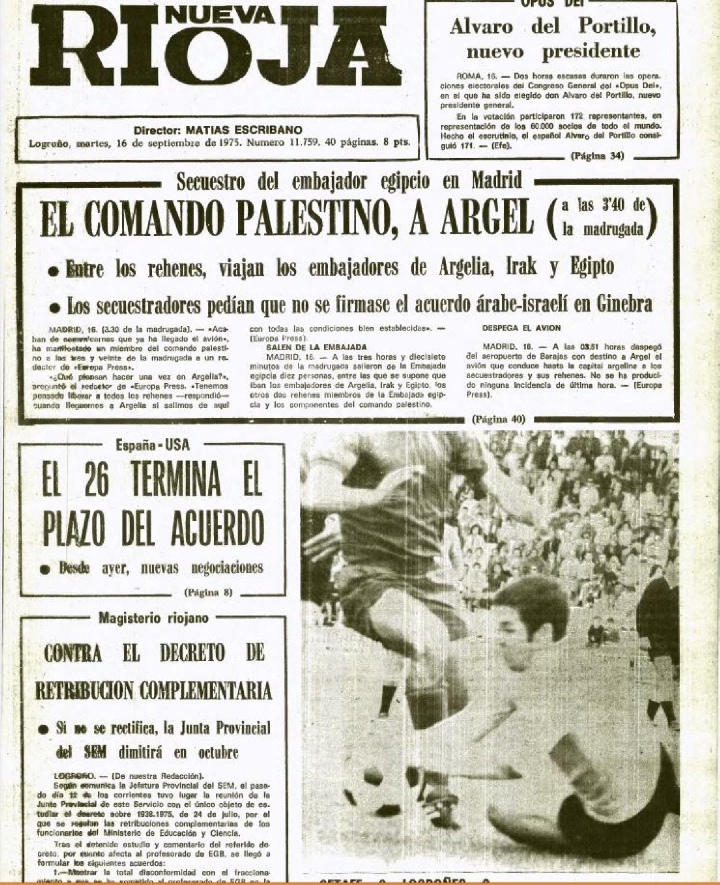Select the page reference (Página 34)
point(597,156)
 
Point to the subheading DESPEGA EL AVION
point(521,328)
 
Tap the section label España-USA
point(152,445)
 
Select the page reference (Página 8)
point(207,592)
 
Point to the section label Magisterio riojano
point(153,618)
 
